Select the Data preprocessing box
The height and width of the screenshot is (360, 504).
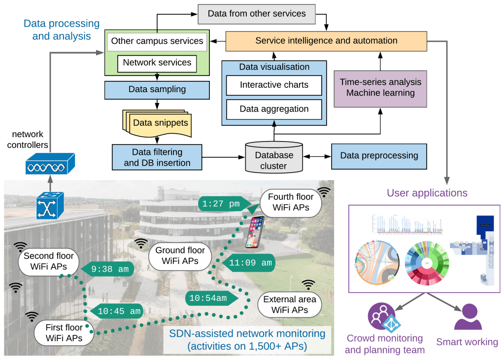379,156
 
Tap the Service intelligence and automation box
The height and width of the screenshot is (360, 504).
326,41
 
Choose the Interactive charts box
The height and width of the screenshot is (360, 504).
274,85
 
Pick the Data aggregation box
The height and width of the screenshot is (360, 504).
274,109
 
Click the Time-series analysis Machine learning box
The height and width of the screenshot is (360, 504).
380,87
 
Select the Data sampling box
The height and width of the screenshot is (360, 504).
157,90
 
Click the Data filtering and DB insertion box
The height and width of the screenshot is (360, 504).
157,157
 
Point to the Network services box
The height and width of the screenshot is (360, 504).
157,63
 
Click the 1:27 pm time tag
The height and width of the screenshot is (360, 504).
222,203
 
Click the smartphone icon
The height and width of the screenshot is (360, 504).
255,231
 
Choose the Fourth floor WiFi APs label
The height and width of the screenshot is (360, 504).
290,202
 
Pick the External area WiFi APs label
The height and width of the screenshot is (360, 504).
289,304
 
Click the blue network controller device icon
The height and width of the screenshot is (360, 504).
51,164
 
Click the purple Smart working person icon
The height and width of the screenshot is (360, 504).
467,317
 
